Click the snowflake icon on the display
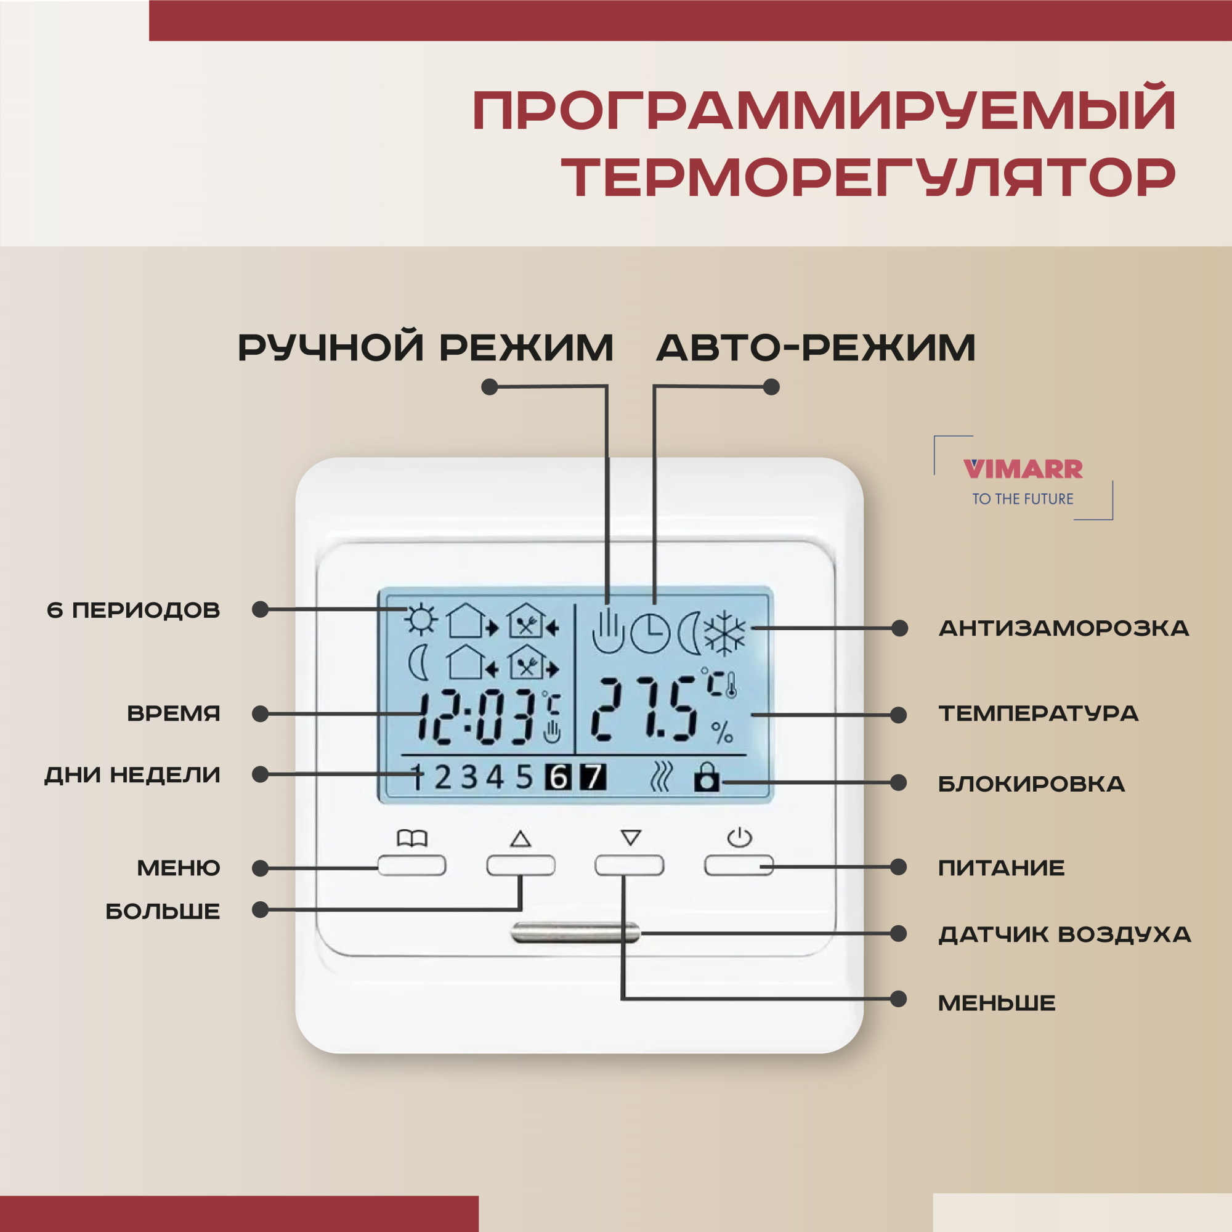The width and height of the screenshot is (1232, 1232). tap(724, 633)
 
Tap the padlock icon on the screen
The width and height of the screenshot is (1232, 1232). tap(707, 779)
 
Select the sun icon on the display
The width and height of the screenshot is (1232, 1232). tap(421, 619)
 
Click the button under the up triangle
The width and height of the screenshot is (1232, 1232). tap(521, 865)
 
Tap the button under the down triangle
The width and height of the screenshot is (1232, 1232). tap(630, 865)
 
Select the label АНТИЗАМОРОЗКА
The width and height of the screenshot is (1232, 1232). tap(1064, 629)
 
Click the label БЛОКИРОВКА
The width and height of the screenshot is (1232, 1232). tap(1031, 784)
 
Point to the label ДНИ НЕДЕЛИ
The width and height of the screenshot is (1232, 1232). tap(132, 775)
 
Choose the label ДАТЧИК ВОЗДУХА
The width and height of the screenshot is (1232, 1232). tap(1064, 934)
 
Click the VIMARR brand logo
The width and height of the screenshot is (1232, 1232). tap(1023, 469)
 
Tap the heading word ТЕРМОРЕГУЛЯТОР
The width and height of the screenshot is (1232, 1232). tap(868, 178)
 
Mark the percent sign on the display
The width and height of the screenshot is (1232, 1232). tap(722, 732)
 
